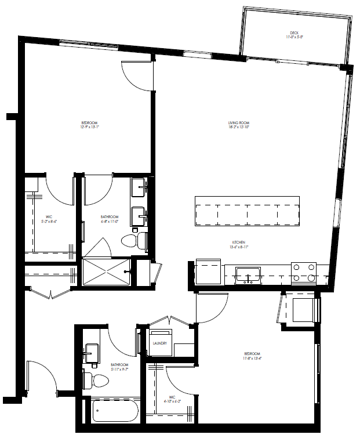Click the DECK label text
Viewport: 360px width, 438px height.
(294, 33)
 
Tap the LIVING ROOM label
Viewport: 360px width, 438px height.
(238, 123)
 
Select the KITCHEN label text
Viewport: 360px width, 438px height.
(238, 242)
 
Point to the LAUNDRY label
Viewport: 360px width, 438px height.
(159, 343)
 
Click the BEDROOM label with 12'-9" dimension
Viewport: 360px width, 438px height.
(90, 123)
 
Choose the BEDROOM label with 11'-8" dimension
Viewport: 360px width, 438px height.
(252, 354)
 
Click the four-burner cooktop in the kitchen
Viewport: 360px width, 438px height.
(303, 273)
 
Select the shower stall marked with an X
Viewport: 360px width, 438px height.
(106, 272)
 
